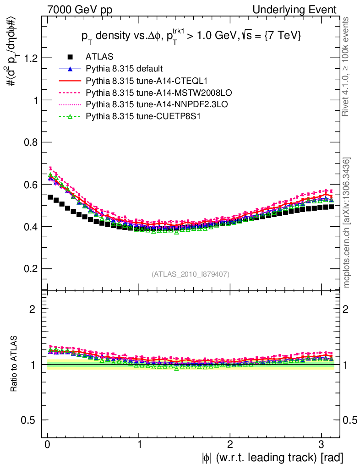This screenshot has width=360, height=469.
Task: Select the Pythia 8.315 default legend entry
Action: pyautogui.click(x=124, y=69)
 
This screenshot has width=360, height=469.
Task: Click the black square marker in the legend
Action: pyautogui.click(x=70, y=57)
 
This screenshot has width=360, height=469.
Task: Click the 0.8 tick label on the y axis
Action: pyautogui.click(x=30, y=142)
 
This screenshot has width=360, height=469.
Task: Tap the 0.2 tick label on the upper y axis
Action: pyautogui.click(x=30, y=269)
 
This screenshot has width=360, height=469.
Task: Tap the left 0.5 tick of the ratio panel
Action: pyautogui.click(x=30, y=420)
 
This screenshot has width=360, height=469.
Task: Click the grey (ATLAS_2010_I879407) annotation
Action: pyautogui.click(x=191, y=274)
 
